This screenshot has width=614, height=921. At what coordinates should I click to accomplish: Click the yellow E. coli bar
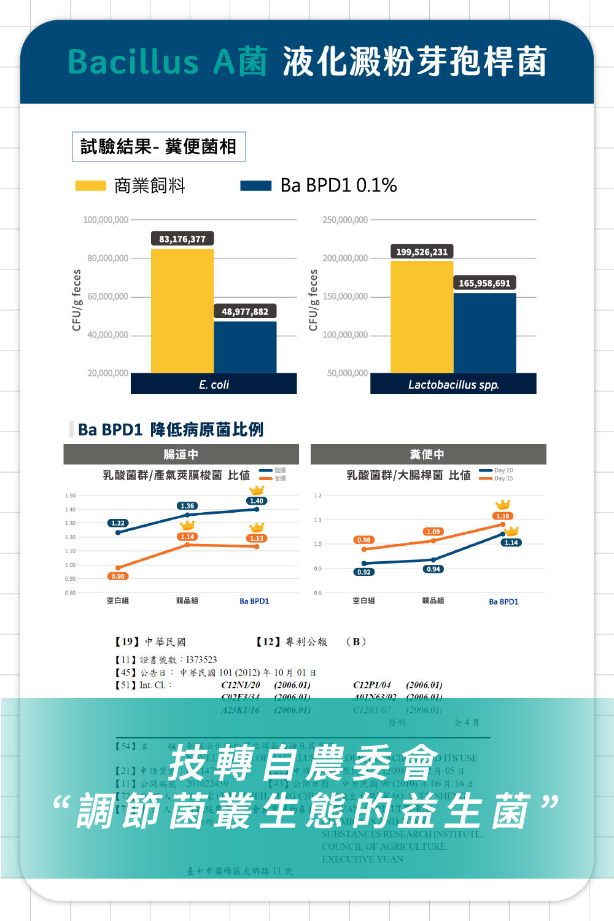coord(182,311)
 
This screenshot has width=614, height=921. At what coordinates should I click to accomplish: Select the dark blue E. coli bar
coord(245,347)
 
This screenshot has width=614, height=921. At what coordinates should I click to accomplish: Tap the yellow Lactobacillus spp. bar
coord(422,317)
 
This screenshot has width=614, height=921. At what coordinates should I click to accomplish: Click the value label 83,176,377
coord(182,239)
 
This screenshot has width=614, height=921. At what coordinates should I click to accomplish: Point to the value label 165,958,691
coord(484,283)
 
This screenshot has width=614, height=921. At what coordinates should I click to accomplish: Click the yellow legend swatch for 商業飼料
coord(90,185)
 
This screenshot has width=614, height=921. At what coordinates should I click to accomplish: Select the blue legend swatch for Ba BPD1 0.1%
coord(255,185)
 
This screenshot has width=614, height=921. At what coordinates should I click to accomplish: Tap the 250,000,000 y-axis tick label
coord(345,220)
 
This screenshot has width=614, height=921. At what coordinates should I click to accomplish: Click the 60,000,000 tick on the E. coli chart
coord(108,297)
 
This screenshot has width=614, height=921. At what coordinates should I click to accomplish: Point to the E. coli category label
coord(214,384)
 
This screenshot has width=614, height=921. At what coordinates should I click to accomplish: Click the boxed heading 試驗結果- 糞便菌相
coord(158,147)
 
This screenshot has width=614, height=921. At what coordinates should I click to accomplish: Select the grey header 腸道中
coord(181,454)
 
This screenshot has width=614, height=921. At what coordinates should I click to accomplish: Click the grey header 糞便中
coord(427,454)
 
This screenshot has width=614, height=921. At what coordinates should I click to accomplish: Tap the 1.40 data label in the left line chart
coord(257,501)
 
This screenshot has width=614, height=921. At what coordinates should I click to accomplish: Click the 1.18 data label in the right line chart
coord(503,516)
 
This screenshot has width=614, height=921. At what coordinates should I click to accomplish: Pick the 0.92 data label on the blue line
coord(364,572)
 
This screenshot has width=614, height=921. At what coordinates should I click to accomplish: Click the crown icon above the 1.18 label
coord(503,505)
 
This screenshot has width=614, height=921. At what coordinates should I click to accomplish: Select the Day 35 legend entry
coord(503,478)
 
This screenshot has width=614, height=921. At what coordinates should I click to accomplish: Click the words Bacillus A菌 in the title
coord(167,62)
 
